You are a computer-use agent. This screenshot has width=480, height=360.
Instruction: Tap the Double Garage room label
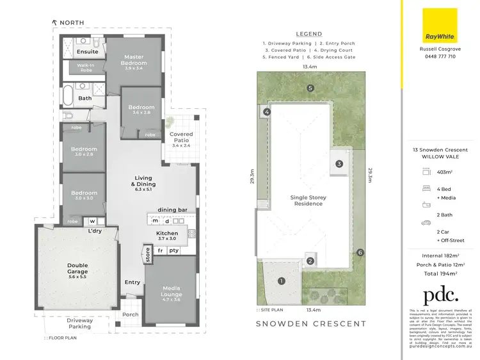(x=77, y=268)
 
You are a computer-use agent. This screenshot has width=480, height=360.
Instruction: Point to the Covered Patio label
(x=181, y=138)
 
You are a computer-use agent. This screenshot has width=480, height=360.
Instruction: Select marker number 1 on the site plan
(x=280, y=280)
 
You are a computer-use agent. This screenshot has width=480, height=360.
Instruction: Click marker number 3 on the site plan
(x=339, y=163)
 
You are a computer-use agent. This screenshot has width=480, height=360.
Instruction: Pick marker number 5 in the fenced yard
(x=310, y=88)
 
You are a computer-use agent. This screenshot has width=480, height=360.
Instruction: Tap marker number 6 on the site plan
(x=360, y=252)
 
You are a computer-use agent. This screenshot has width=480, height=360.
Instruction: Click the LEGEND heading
(x=309, y=34)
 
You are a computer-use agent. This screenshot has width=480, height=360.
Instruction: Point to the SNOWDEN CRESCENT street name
(x=311, y=323)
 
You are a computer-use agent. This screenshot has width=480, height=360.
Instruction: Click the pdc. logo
(x=440, y=295)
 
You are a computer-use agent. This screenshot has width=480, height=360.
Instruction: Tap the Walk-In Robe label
(x=86, y=68)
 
